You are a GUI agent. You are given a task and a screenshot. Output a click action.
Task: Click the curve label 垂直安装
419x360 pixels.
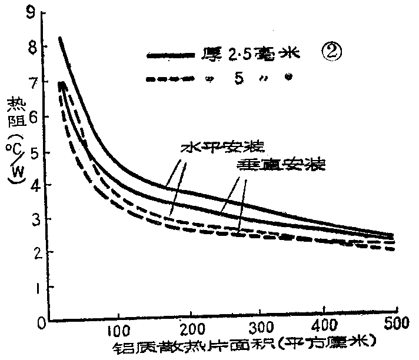tap(281, 165)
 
